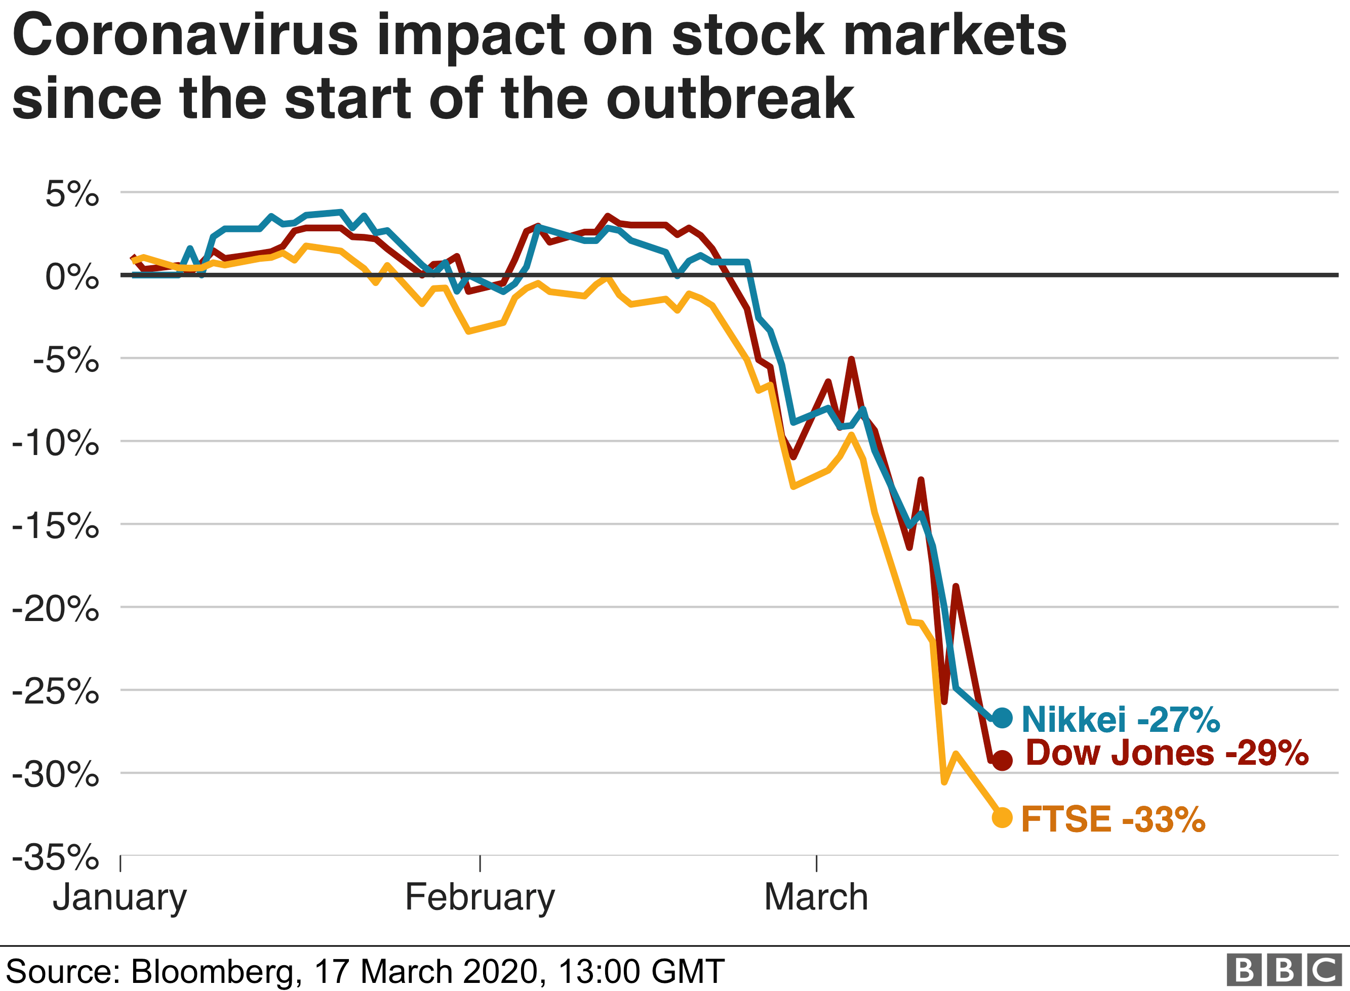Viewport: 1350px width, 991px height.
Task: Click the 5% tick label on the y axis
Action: (72, 195)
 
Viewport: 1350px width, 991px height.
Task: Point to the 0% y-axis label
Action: (72, 278)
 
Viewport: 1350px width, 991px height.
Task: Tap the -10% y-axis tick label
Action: (55, 444)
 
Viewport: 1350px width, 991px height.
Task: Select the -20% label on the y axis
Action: (55, 610)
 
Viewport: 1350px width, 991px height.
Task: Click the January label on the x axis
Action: (120, 898)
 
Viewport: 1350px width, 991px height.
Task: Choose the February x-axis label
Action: (480, 898)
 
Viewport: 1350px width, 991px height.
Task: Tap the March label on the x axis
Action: (816, 898)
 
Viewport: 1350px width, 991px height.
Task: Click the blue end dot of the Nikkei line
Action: (1002, 718)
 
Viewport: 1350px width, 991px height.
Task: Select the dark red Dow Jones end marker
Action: (1002, 761)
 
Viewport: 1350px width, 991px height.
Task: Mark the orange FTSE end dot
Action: (1002, 817)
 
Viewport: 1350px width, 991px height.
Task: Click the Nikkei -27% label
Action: (1120, 719)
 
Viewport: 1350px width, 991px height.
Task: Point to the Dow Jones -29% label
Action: (1166, 753)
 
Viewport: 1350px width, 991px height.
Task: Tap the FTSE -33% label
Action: (1113, 819)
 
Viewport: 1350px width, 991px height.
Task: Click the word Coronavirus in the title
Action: (185, 36)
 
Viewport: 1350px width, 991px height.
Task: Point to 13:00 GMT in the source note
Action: (641, 972)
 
